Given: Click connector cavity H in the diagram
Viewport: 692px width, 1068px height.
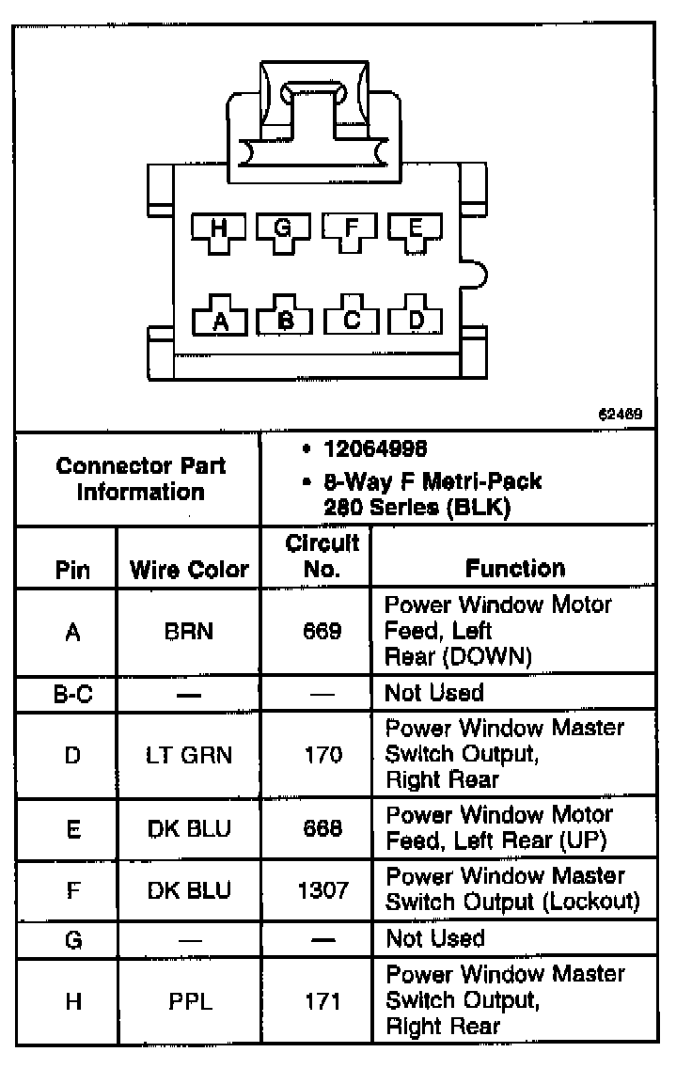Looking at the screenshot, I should pyautogui.click(x=219, y=229).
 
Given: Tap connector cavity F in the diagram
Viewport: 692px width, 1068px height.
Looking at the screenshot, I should pyautogui.click(x=351, y=229).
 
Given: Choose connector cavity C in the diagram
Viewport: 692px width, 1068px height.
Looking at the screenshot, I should pyautogui.click(x=352, y=320).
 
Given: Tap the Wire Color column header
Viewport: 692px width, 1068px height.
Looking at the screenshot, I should pyautogui.click(x=189, y=569).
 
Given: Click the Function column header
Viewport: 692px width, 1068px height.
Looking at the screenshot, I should pyautogui.click(x=515, y=568).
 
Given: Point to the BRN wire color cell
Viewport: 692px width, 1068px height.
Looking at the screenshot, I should pyautogui.click(x=189, y=632).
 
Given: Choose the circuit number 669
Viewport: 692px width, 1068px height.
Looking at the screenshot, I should pyautogui.click(x=322, y=632).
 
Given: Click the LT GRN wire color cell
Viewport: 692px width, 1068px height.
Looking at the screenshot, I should pyautogui.click(x=189, y=754).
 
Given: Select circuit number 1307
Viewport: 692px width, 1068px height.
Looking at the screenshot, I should pyautogui.click(x=322, y=889).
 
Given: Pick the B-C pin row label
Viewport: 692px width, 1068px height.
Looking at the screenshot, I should pyautogui.click(x=71, y=694).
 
